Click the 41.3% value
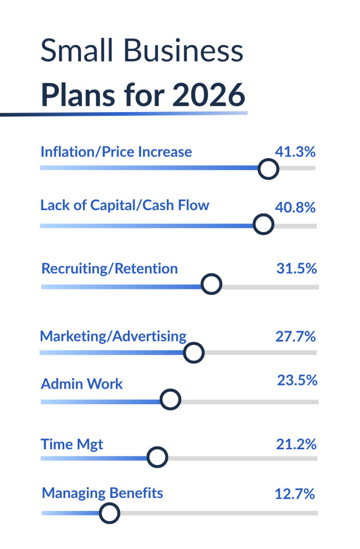(295, 152)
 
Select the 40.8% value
(295, 207)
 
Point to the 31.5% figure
(297, 269)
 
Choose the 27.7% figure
(296, 337)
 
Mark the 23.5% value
(297, 380)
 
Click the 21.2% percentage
(296, 444)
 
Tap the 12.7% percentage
(295, 494)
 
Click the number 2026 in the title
(209, 95)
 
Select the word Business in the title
(183, 50)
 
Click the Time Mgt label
(72, 444)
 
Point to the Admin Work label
(82, 384)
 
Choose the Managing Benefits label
(102, 493)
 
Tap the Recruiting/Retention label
(109, 269)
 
